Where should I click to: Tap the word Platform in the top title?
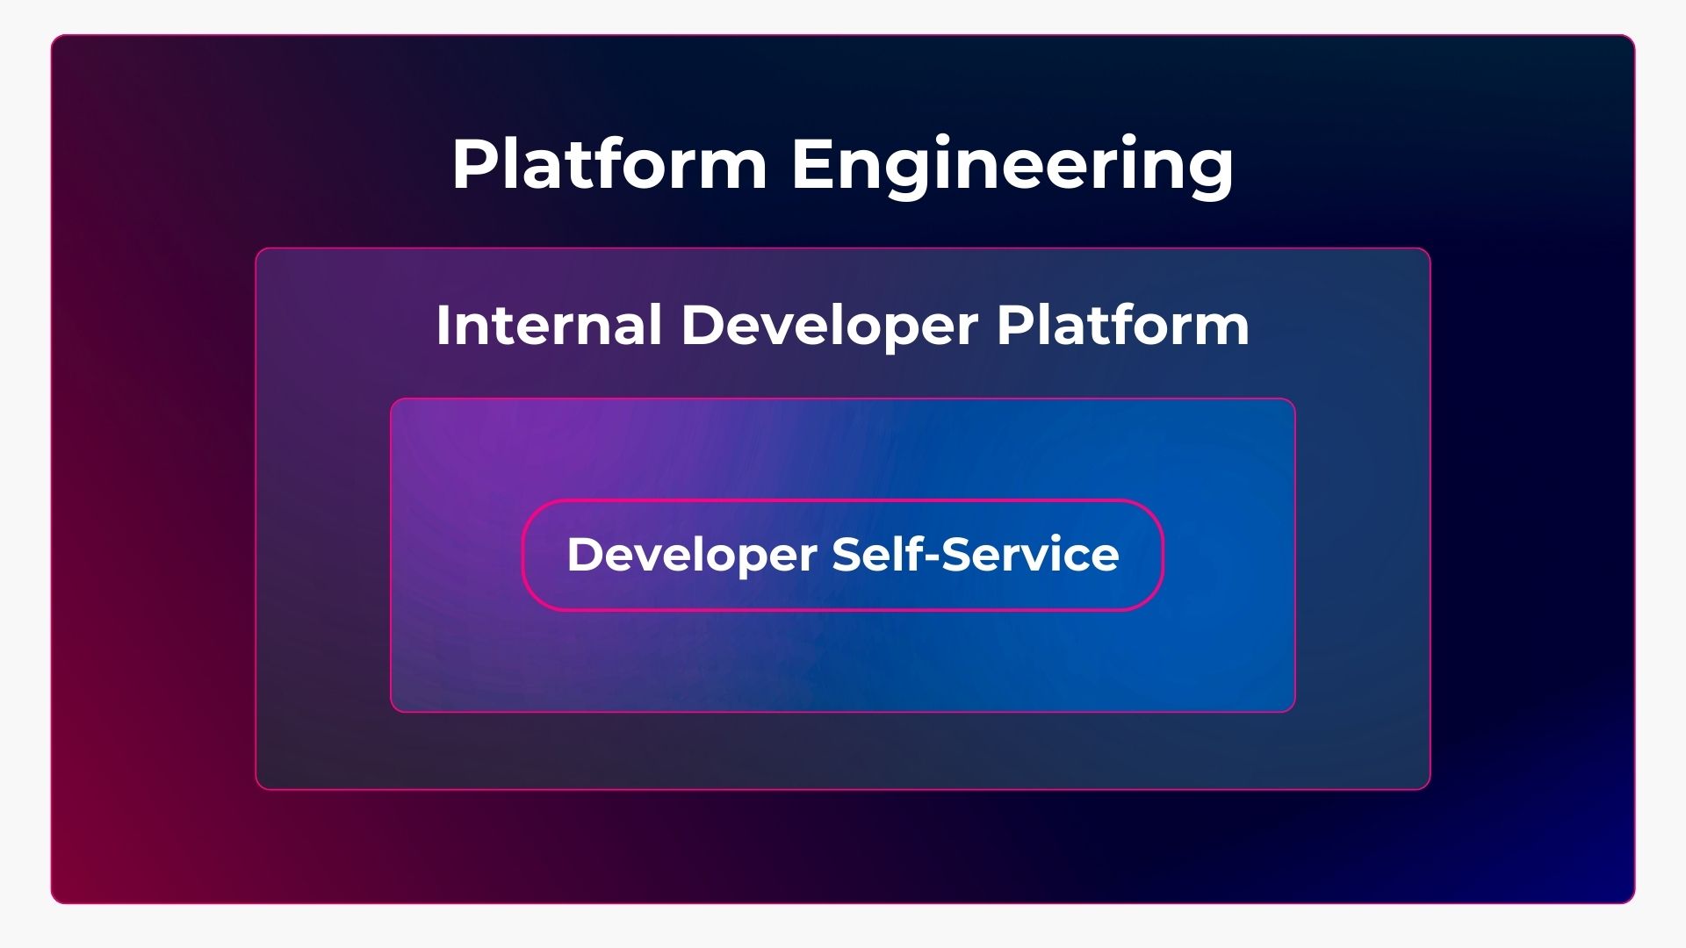pos(610,162)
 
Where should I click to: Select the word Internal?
pos(549,325)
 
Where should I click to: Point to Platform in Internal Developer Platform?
pos(1123,325)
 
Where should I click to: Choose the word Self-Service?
pos(976,554)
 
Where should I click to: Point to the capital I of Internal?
pos(443,325)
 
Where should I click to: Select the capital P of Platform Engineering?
pos(474,163)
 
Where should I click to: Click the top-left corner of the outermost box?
pos(52,36)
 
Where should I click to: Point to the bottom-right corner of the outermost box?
pos(1634,902)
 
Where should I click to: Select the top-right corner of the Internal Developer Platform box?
pos(1430,249)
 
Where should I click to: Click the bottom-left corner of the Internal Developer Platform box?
pos(256,788)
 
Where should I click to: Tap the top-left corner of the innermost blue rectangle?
pos(392,399)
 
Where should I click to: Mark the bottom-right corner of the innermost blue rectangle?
pos(1294,711)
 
